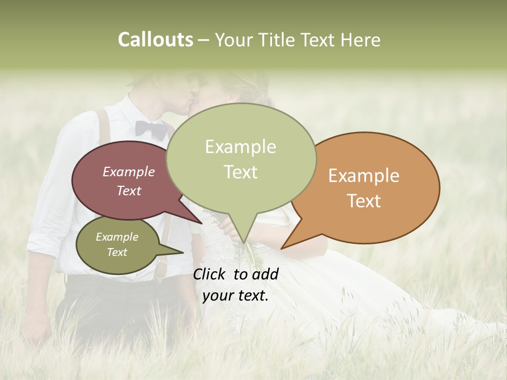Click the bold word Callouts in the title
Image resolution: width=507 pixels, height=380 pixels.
(155, 40)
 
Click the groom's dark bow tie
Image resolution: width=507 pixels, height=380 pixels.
(151, 128)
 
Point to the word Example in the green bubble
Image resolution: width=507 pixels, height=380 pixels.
(240, 147)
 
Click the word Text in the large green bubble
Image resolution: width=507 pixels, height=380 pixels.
(240, 172)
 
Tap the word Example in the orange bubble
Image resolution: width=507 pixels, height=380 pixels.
(364, 176)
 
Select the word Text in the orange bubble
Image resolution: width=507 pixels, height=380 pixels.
(364, 201)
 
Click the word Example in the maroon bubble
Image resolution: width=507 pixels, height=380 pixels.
(128, 172)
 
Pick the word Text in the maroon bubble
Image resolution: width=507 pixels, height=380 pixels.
(128, 191)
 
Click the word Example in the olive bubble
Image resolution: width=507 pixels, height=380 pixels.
(117, 237)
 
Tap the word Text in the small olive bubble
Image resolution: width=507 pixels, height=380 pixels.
(117, 252)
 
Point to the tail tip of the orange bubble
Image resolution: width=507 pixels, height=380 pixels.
(283, 248)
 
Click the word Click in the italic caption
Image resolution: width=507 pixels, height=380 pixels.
(210, 274)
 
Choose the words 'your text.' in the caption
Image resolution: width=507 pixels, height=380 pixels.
(236, 296)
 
